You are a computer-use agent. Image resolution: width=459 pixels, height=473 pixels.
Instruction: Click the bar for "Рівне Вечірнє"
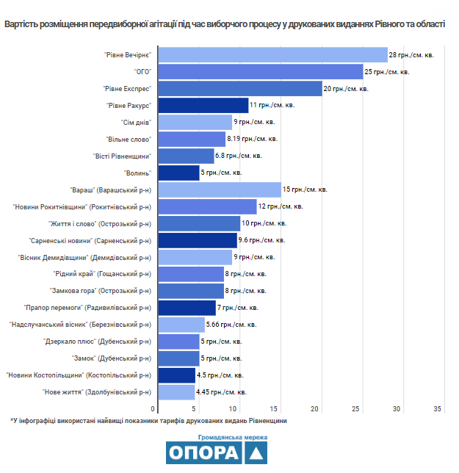[x=273, y=55]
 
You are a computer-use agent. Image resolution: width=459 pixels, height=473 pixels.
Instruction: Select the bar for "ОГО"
[x=261, y=72]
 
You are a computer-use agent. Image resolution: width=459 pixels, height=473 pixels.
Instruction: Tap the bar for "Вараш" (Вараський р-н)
[x=220, y=189]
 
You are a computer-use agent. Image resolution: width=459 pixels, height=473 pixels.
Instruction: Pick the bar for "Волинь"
[x=179, y=173]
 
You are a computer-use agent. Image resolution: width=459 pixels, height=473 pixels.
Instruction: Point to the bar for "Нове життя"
[x=176, y=392]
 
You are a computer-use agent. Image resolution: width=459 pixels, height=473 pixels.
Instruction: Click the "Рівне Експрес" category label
[x=127, y=89]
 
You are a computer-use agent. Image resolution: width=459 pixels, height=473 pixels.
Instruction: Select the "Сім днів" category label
[x=136, y=123]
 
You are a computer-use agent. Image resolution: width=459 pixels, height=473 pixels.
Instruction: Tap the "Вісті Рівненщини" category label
[x=122, y=156]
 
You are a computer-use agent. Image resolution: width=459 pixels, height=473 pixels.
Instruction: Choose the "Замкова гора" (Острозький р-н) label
[x=101, y=291]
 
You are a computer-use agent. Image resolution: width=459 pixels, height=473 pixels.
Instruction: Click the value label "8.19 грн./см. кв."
[x=252, y=139]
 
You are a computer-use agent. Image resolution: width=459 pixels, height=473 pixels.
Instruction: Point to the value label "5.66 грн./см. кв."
[x=231, y=325]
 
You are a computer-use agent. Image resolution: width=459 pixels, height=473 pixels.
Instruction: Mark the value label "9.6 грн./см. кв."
[x=261, y=240]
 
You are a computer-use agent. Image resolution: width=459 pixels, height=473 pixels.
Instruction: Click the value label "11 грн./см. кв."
[x=272, y=105]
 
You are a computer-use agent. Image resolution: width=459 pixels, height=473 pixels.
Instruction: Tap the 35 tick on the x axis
[x=437, y=409]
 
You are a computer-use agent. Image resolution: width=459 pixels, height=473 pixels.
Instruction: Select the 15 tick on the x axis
[x=273, y=409]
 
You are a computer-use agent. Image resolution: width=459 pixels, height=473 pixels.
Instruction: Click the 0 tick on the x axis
[x=153, y=409]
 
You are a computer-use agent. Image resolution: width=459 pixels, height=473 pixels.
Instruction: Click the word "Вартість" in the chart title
[x=21, y=24]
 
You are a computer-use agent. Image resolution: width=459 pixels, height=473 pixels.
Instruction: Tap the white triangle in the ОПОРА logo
[x=256, y=454]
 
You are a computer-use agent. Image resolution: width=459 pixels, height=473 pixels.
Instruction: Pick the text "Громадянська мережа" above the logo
[x=233, y=438]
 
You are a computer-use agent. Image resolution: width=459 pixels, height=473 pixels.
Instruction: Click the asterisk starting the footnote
[x=12, y=420]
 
